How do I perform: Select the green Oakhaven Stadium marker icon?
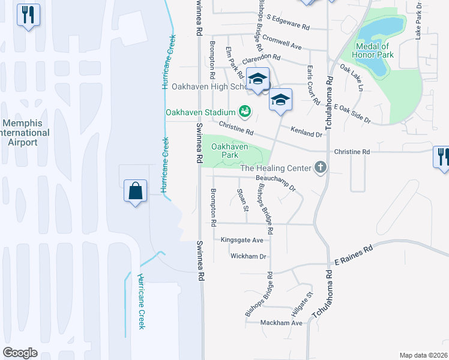(244, 111)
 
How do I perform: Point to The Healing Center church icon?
(320, 168)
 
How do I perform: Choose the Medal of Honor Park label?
(374, 50)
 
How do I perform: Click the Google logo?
(20, 353)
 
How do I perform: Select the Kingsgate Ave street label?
(242, 240)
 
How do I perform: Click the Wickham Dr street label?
(248, 256)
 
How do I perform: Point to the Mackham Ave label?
(282, 323)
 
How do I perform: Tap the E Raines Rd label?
(354, 254)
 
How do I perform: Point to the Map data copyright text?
(423, 355)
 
